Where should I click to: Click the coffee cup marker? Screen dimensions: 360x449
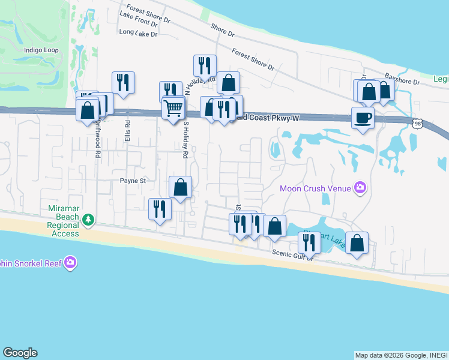363,117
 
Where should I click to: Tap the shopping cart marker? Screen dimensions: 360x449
173,109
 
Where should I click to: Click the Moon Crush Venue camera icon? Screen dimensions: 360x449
360,188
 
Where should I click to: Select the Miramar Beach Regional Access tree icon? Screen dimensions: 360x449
88,220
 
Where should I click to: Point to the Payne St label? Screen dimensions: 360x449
133,180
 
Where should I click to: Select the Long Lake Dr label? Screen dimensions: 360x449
138,34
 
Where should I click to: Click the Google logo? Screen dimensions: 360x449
20,353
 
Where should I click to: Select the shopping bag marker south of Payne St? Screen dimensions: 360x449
180,187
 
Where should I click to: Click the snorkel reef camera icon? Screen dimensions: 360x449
70,262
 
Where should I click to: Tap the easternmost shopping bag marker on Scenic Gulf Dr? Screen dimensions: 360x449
357,243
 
